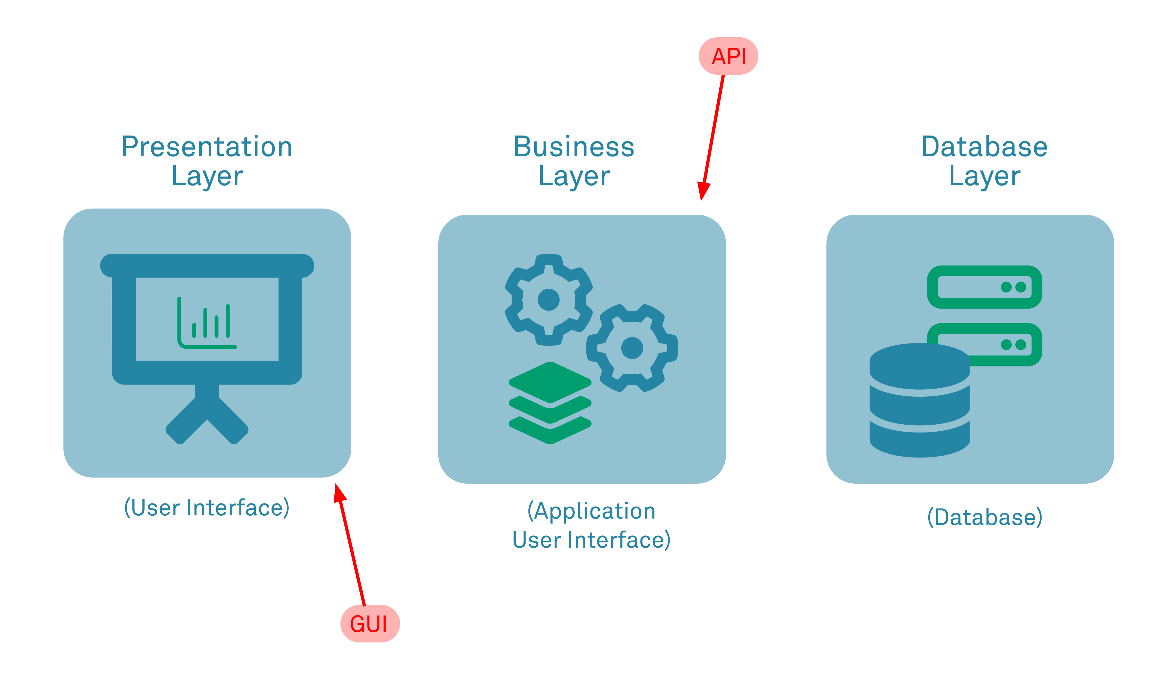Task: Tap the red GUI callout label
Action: tap(370, 624)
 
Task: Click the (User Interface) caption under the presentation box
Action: tap(207, 508)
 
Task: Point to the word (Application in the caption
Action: tap(591, 511)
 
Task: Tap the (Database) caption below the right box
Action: tap(984, 517)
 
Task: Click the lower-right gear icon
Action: tap(632, 348)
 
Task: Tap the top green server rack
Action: tap(984, 287)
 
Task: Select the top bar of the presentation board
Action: tap(207, 265)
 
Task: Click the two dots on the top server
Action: tap(1013, 287)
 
